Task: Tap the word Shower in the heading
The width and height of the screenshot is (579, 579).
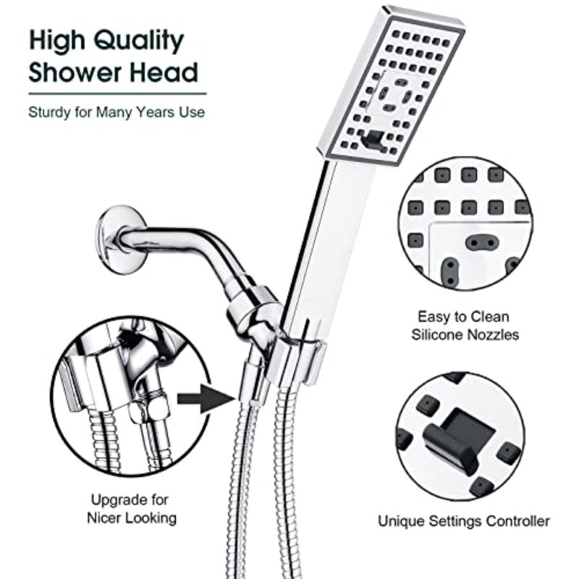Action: tap(70, 72)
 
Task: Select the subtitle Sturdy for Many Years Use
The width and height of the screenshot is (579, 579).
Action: tap(116, 112)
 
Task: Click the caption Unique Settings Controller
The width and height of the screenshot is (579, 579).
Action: tap(464, 520)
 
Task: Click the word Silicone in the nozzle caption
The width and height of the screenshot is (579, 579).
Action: tap(447, 334)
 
